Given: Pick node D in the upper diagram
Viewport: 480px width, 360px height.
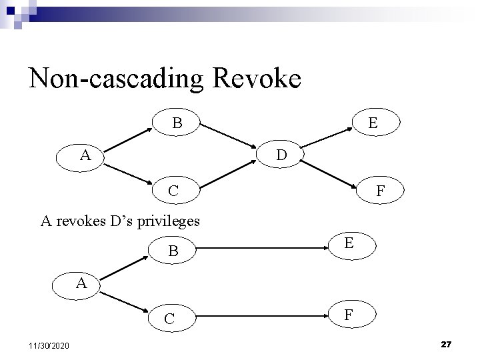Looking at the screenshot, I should click(x=282, y=155).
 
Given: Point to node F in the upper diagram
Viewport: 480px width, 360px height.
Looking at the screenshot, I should click(x=379, y=191).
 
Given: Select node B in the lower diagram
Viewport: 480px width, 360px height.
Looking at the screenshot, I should click(x=173, y=252).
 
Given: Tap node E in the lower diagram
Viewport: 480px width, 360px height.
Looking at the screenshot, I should click(x=349, y=245).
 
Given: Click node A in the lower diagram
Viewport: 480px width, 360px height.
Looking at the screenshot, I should click(x=81, y=283).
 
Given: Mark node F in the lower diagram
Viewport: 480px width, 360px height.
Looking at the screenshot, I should click(x=349, y=314).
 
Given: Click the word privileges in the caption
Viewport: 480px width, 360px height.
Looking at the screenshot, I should click(x=166, y=221).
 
